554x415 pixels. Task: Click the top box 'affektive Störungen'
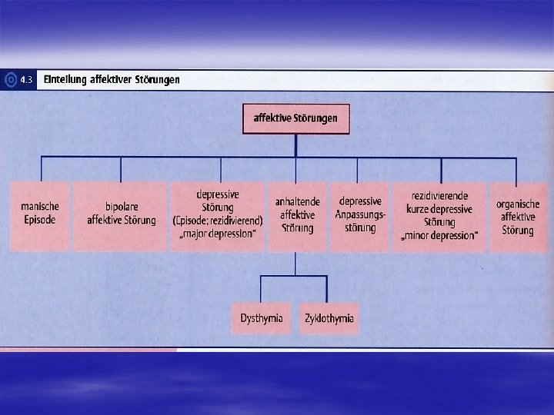tap(295, 119)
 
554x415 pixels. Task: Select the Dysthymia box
tap(261, 318)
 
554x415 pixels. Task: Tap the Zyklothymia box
tap(329, 318)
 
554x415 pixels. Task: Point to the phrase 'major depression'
tap(219, 234)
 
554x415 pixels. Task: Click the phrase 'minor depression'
tap(439, 235)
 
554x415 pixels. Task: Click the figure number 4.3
tap(26, 80)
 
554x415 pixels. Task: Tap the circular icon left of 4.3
tap(10, 80)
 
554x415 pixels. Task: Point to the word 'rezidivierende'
tap(439, 197)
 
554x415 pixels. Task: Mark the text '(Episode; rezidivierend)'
tap(219, 221)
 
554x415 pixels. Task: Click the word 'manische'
tap(39, 207)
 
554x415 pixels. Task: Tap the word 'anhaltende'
tap(297, 202)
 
